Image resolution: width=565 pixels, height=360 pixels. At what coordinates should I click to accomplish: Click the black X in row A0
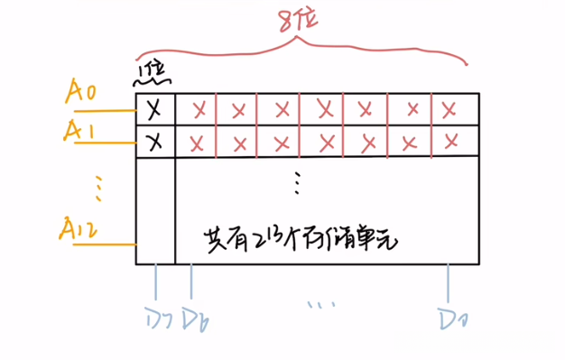pos(154,109)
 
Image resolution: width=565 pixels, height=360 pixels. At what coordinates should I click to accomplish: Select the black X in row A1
pos(154,142)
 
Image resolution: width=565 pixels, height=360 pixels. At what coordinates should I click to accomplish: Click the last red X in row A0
pos(449,109)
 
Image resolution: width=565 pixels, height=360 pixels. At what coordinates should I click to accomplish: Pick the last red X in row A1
pos(450,142)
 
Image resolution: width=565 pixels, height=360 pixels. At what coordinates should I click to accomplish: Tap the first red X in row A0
pos(198,110)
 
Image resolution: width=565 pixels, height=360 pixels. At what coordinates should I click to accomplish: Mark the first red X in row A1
pos(198,143)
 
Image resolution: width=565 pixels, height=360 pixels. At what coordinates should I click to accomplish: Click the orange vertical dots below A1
pos(98,189)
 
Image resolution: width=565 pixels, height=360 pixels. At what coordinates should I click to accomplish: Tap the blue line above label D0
pos(449,282)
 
